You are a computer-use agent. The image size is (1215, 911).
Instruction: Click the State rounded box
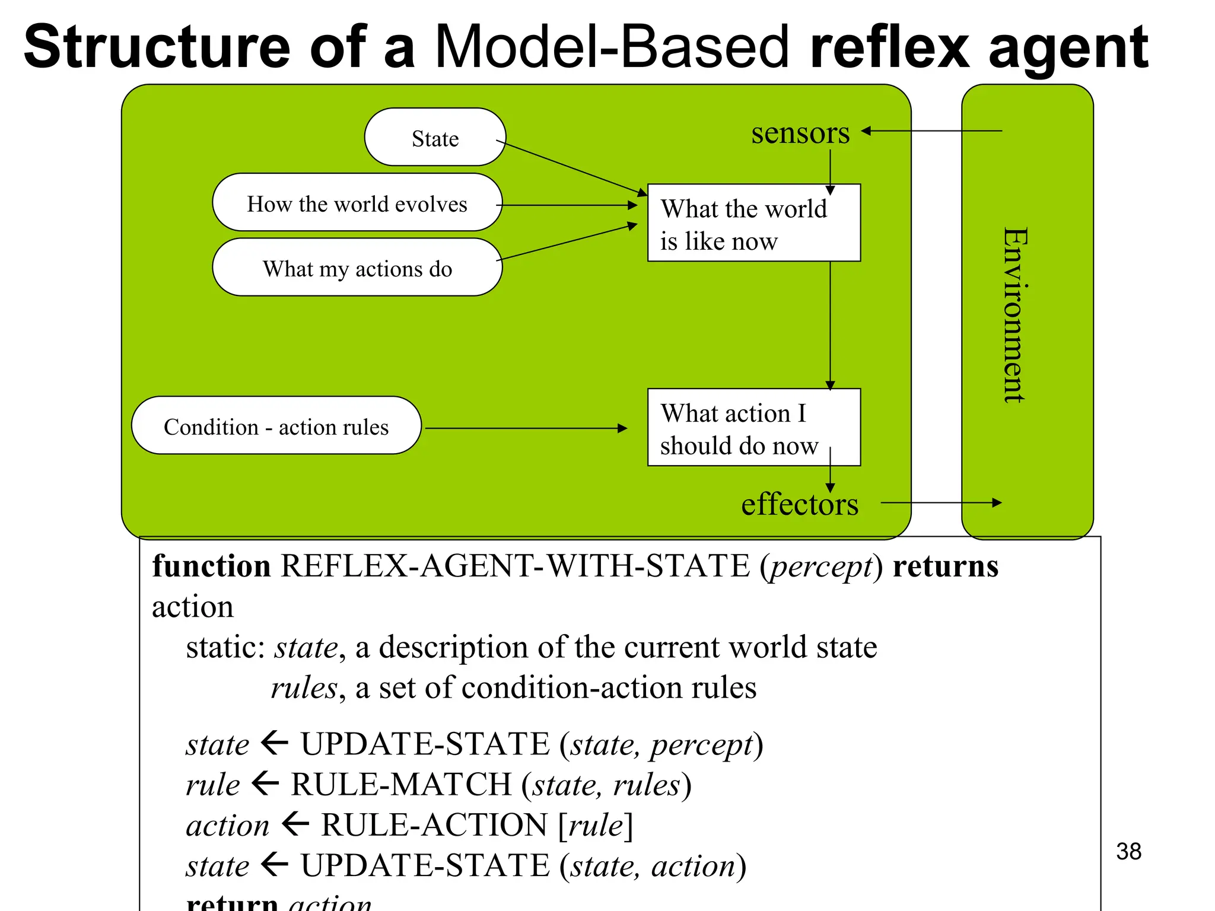click(x=435, y=138)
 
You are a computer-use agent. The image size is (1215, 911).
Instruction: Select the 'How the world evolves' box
click(x=357, y=203)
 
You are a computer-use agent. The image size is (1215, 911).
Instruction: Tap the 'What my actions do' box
click(x=357, y=268)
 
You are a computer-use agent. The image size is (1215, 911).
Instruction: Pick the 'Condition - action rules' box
click(x=276, y=426)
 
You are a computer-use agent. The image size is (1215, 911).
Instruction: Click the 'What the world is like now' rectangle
click(x=753, y=224)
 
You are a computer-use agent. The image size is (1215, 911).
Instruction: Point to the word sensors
click(x=800, y=133)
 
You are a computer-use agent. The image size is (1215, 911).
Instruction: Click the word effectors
click(x=799, y=504)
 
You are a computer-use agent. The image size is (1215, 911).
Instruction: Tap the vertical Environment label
click(x=1014, y=314)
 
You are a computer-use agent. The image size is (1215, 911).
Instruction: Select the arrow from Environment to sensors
click(x=931, y=131)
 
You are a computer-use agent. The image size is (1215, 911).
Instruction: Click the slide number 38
click(x=1128, y=851)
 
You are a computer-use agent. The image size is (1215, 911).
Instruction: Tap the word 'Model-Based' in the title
click(x=612, y=47)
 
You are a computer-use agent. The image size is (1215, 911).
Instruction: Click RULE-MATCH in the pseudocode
click(x=401, y=784)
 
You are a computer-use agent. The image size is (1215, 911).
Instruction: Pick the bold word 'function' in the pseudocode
click(x=211, y=566)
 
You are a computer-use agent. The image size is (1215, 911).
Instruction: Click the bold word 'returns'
click(x=945, y=566)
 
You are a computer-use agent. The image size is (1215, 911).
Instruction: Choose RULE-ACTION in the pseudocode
click(x=434, y=824)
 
